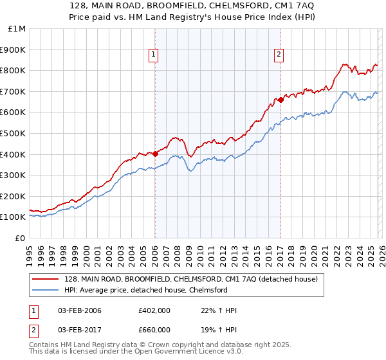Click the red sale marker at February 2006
155,154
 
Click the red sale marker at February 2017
280,100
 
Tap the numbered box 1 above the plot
154,55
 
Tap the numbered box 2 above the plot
279,55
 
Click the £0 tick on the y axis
21,238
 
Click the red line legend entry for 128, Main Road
191,279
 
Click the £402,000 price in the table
154,310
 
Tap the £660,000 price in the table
154,329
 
